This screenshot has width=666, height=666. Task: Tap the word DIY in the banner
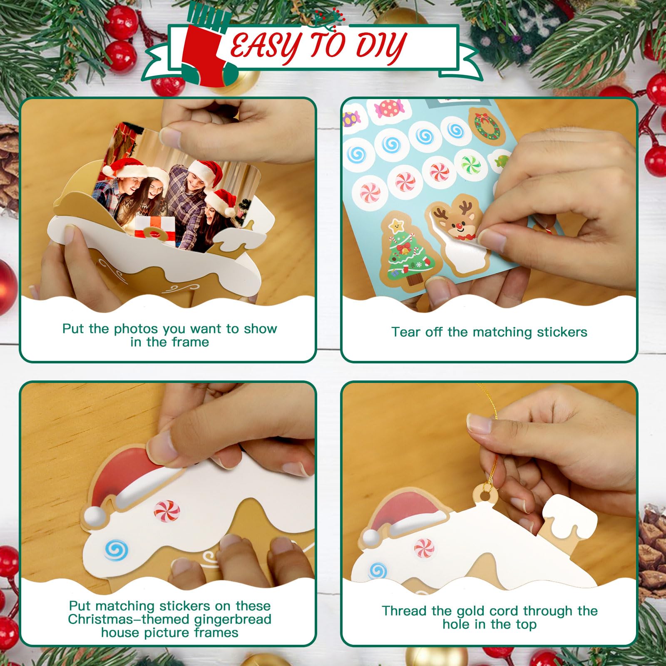coord(381,47)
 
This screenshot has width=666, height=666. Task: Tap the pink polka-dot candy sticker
coord(389,109)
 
